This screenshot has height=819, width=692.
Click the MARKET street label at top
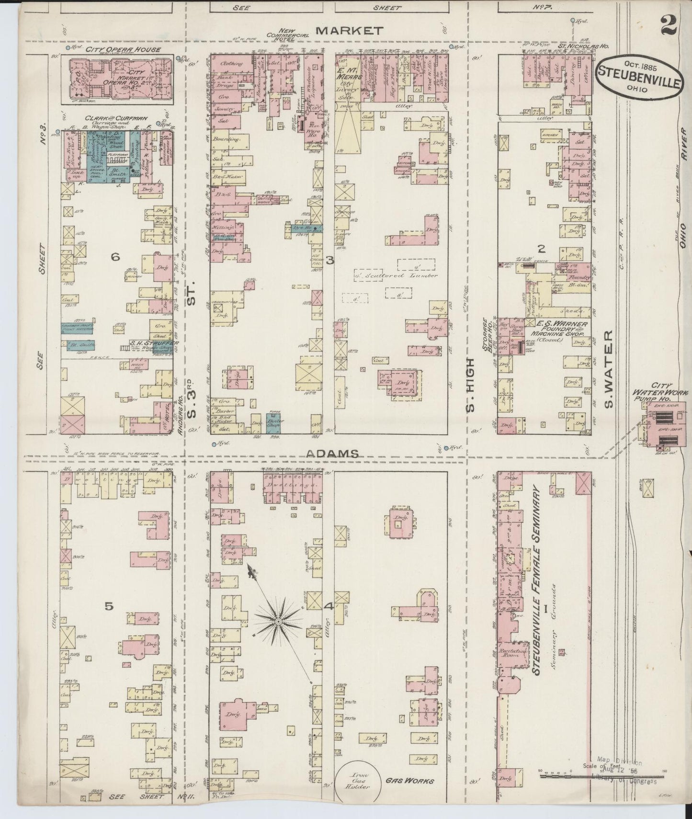click(x=350, y=31)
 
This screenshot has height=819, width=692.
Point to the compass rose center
click(x=277, y=621)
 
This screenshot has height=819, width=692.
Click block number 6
click(x=115, y=257)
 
